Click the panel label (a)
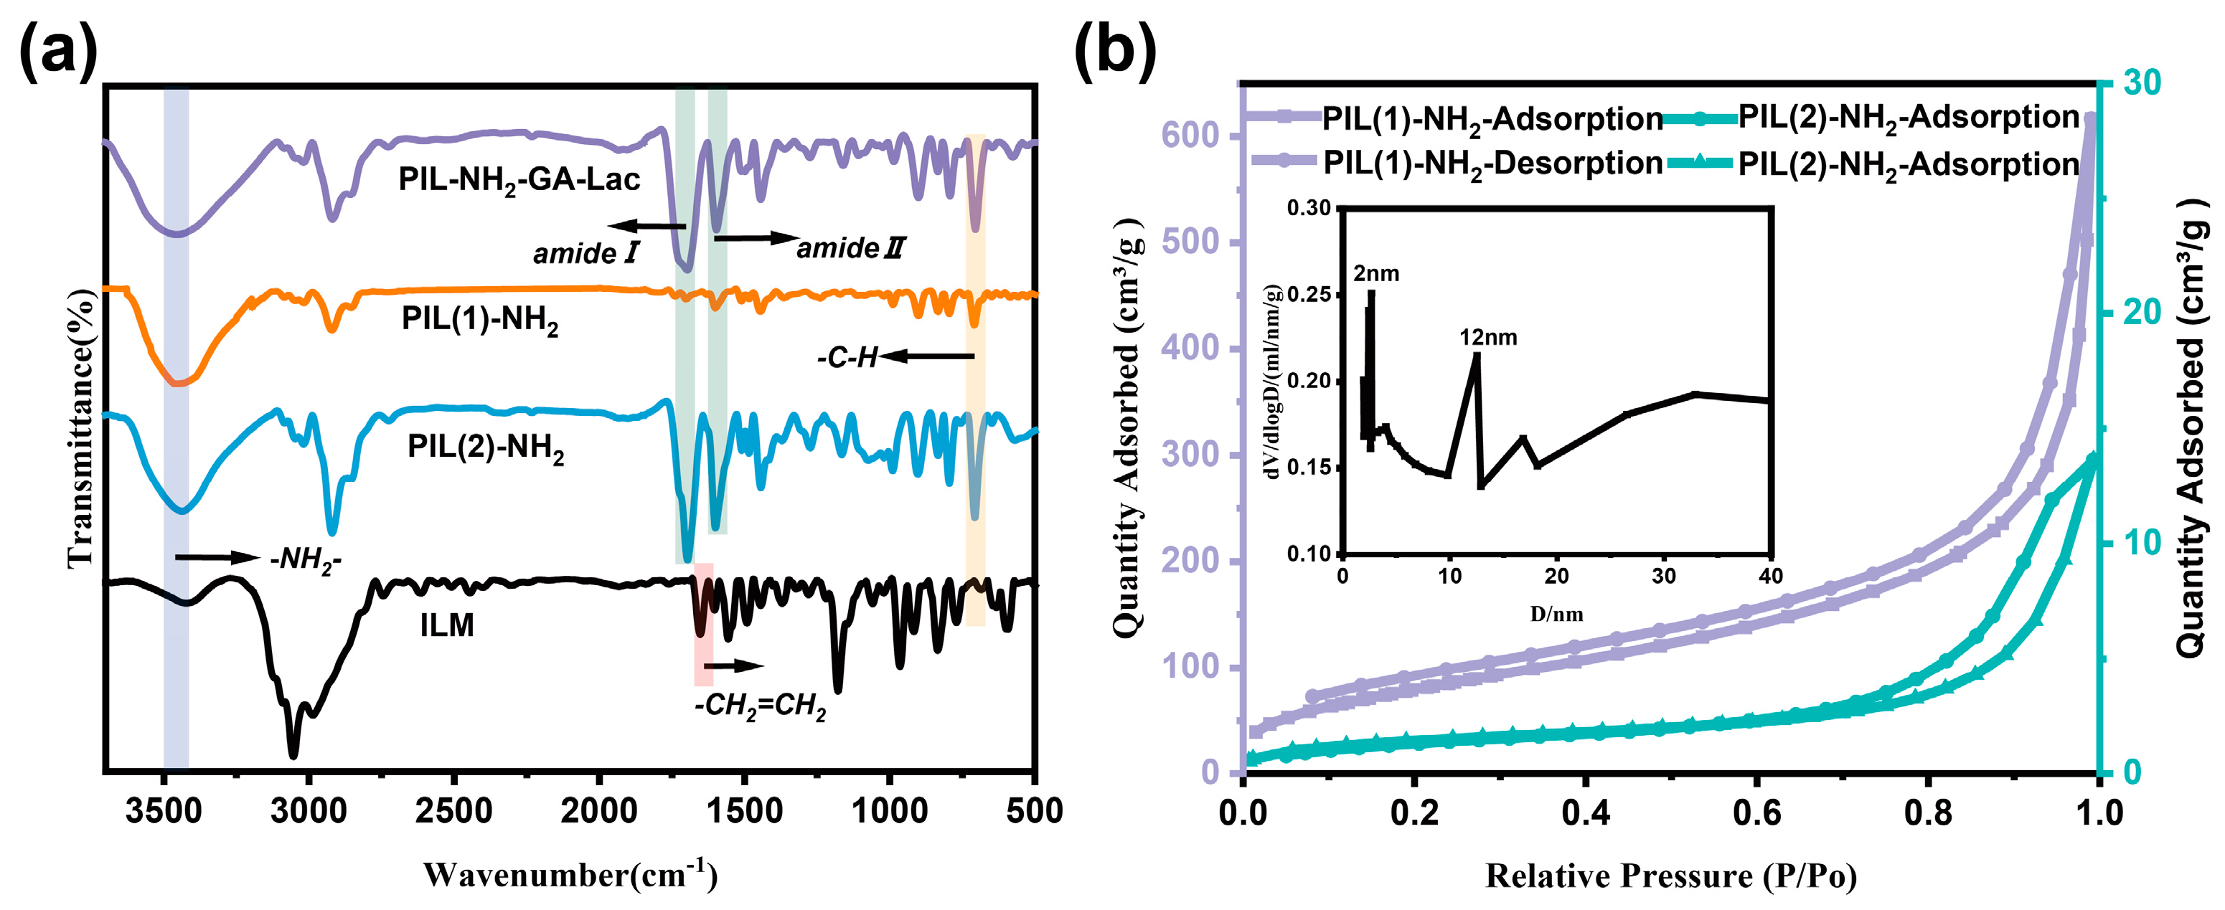[58, 52]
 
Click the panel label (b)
[1115, 52]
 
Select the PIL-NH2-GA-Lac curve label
[519, 179]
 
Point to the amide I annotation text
[585, 253]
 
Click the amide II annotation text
[850, 249]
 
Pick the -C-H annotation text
[848, 357]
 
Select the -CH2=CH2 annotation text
[760, 706]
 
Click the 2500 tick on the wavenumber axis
[453, 812]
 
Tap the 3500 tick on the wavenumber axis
[164, 812]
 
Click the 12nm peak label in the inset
[1487, 338]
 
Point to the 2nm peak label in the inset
[1376, 274]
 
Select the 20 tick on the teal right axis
[2140, 313]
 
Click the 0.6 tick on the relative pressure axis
[1758, 812]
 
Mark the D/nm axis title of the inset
[1556, 614]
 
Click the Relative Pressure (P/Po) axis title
[1670, 876]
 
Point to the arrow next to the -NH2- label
[216, 558]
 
